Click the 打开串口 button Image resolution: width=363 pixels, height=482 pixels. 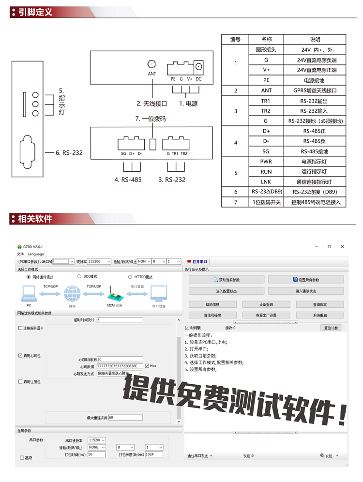point(197,261)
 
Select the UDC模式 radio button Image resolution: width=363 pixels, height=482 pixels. point(79,277)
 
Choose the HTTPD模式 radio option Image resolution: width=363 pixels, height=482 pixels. point(130,277)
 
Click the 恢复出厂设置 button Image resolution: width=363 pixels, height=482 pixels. point(266,315)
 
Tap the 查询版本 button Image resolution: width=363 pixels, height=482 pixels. point(320,304)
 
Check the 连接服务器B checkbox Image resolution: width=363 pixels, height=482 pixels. point(20,328)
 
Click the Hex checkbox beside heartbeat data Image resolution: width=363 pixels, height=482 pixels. point(147,366)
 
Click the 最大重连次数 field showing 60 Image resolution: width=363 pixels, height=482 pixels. point(125,417)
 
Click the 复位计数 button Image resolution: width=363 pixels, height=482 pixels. point(331,328)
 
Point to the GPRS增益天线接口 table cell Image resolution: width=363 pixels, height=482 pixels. point(315,90)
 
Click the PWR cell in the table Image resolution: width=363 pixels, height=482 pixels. point(266,162)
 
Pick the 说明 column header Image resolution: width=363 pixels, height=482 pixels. point(315,40)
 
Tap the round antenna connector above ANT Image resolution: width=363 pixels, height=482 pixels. point(152,63)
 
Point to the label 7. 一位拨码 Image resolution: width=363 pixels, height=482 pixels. point(151,119)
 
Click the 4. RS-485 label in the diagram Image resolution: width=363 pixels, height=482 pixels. point(128,179)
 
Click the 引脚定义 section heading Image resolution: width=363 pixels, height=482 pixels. point(35,12)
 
